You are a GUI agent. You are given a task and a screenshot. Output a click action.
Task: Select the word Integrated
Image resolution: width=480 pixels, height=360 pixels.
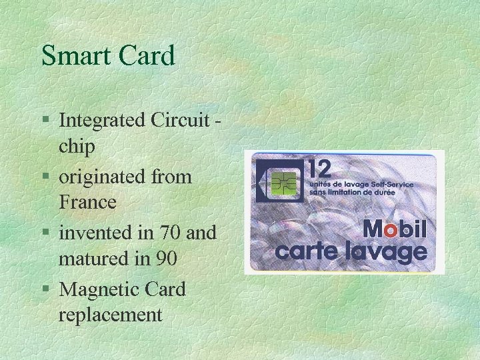[102, 121]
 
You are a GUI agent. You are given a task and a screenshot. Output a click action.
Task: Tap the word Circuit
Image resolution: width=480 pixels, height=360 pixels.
[181, 121]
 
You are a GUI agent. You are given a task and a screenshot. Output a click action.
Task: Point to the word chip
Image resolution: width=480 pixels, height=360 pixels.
[77, 145]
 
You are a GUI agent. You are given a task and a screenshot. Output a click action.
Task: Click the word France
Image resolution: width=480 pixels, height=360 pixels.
[87, 201]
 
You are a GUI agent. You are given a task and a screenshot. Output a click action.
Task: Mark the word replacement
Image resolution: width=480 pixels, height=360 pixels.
[111, 313]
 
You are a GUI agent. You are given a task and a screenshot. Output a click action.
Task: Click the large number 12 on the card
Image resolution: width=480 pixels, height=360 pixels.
[321, 167]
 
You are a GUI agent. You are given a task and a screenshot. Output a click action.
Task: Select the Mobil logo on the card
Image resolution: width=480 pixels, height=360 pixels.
[394, 231]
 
